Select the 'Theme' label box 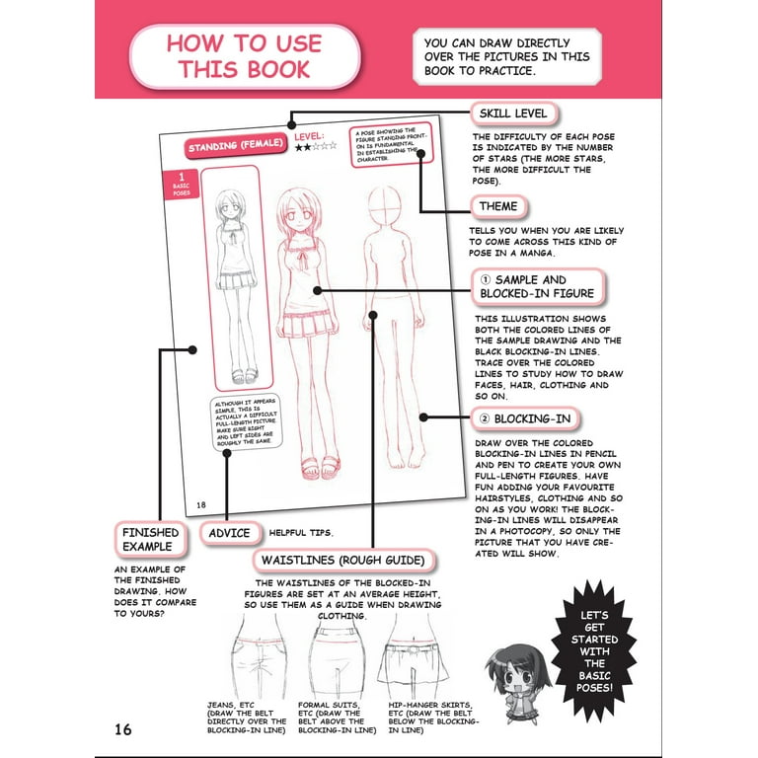[x=498, y=208]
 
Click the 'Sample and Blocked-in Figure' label [x=537, y=286]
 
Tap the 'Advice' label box [x=230, y=533]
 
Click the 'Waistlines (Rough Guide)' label [x=343, y=562]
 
